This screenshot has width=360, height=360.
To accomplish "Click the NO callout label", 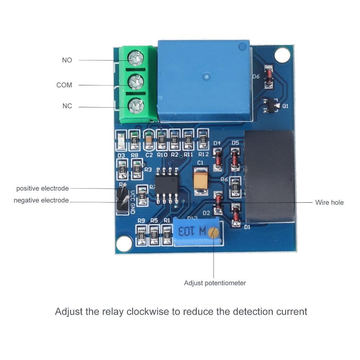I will [67, 60].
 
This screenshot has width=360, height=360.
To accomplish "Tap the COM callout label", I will [64, 85].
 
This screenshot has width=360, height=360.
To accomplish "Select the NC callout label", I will [67, 106].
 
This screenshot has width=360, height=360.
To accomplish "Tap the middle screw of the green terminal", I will [136, 81].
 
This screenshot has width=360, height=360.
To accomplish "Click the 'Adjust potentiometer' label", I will [215, 283].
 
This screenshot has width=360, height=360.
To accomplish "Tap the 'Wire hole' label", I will [329, 202].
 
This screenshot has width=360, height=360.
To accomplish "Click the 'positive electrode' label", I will [42, 188].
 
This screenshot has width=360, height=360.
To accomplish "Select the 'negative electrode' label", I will [41, 200].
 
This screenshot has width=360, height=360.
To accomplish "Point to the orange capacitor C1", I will [200, 181].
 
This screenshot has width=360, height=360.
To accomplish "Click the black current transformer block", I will [270, 176].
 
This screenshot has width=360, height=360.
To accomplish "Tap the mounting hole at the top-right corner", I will [282, 55].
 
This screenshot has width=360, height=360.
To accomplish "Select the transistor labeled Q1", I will [269, 105].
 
